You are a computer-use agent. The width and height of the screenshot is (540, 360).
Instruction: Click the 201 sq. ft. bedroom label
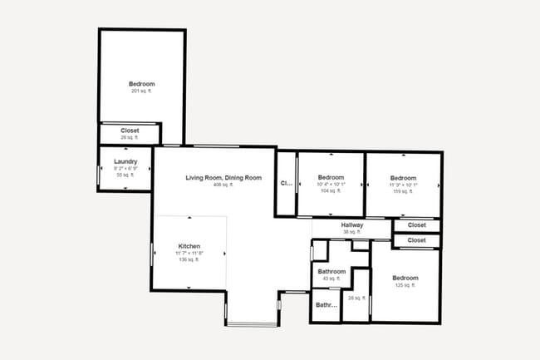[x=141, y=84]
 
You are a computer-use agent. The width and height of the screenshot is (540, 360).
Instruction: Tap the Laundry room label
[x=125, y=161]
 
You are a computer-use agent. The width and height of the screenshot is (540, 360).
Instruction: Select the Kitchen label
[x=189, y=246]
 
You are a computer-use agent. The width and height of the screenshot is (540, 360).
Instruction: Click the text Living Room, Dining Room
[x=223, y=178]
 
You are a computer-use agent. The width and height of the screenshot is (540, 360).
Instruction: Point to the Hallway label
[x=352, y=225]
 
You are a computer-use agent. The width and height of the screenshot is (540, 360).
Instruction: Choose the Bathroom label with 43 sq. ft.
[x=331, y=272]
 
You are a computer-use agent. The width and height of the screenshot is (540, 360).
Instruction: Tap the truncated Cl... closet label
[x=287, y=183]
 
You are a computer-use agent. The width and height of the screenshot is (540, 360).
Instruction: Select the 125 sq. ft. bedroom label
[x=405, y=278]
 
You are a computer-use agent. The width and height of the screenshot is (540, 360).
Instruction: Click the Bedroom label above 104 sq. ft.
[x=331, y=178]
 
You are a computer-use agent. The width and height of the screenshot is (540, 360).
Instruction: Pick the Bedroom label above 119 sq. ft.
[x=403, y=178]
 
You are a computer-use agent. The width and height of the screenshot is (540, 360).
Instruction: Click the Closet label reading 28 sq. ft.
[x=130, y=131]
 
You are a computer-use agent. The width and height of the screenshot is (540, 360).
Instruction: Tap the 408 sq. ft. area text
[x=223, y=185]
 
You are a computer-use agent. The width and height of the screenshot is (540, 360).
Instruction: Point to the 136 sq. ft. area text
[x=189, y=260]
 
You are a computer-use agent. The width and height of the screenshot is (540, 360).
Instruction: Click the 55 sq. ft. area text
[x=125, y=175]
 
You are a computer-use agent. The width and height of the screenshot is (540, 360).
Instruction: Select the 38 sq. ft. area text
[x=352, y=232]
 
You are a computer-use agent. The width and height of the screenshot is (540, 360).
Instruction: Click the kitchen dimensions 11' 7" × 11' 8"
[x=189, y=254]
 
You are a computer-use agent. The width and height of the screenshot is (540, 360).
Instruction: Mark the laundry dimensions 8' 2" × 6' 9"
[x=125, y=169]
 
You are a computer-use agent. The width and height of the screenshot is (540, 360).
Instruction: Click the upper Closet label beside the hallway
[x=416, y=225]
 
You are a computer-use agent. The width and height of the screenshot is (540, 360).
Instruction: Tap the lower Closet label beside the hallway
[x=416, y=240]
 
